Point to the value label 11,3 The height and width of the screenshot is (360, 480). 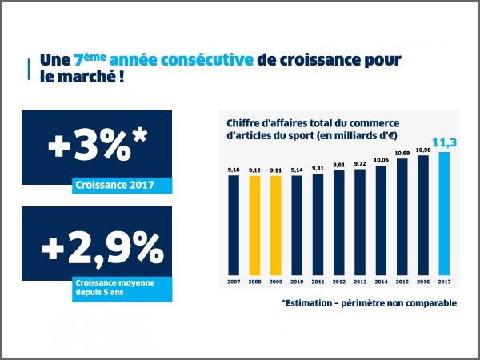[x=445, y=142]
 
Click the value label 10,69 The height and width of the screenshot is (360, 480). [x=402, y=152]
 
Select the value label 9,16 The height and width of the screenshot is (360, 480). [x=234, y=170]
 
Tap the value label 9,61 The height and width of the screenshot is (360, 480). [x=338, y=164]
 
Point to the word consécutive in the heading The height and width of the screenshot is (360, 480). [x=210, y=61]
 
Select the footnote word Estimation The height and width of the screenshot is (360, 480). [x=313, y=303]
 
